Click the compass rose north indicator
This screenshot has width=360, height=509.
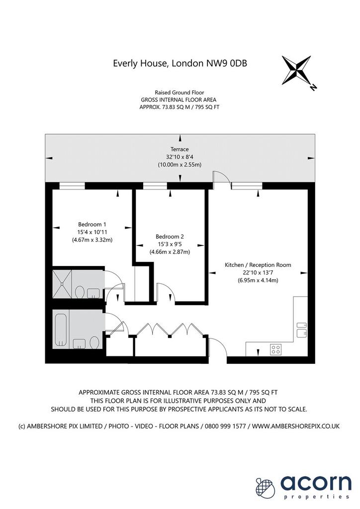313,87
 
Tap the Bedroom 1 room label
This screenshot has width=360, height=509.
92,224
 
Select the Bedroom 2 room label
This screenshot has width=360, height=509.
170,237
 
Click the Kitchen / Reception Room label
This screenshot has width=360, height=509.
258,265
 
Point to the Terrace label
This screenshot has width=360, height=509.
180,149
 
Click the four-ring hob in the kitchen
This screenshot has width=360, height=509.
276,349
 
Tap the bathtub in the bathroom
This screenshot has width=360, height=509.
61,330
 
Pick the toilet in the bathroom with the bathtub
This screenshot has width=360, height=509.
94,343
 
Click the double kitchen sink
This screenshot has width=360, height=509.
302,330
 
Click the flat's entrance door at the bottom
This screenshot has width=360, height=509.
218,347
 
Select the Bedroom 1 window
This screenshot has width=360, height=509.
72,185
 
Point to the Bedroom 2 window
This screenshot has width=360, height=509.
155,185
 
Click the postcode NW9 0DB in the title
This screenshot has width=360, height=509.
227,63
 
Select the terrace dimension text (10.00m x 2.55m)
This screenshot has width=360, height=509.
180,165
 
